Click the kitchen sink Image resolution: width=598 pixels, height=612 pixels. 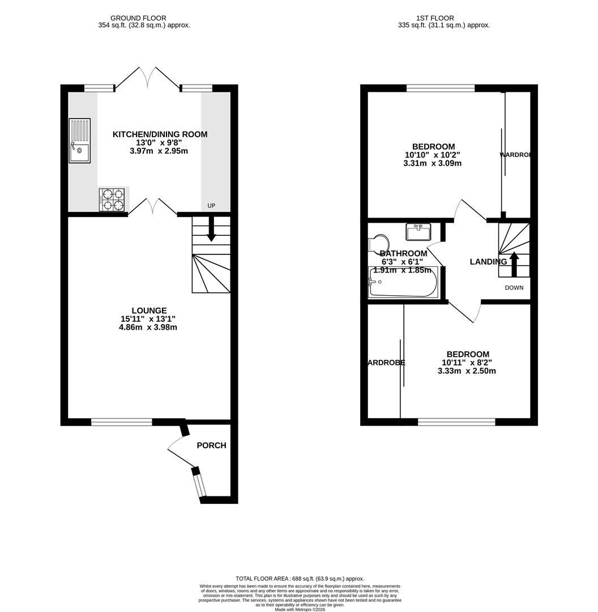coord(79,141)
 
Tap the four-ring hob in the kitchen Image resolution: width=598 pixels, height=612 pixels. coord(112,199)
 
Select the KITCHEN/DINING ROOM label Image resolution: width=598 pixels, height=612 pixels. coord(160,134)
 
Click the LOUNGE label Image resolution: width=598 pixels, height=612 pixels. coord(149,311)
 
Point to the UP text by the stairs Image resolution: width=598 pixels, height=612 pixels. coord(211,206)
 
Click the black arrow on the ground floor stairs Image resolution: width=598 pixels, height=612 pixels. coord(211,231)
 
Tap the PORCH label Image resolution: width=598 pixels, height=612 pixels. coord(211,445)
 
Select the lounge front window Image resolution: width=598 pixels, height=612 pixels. coord(121,422)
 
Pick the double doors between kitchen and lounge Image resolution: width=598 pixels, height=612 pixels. coord(153,206)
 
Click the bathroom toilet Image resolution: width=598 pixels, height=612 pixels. coord(378,244)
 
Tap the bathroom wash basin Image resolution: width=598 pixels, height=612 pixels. coord(418,231)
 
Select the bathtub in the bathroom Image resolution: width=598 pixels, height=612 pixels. coord(403,282)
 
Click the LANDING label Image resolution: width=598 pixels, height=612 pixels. coord(488,262)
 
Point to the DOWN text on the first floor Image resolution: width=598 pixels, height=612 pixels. coord(514,288)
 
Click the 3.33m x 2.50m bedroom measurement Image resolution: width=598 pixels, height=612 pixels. coord(466,371)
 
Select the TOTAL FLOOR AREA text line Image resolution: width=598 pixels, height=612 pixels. coord(300,579)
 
